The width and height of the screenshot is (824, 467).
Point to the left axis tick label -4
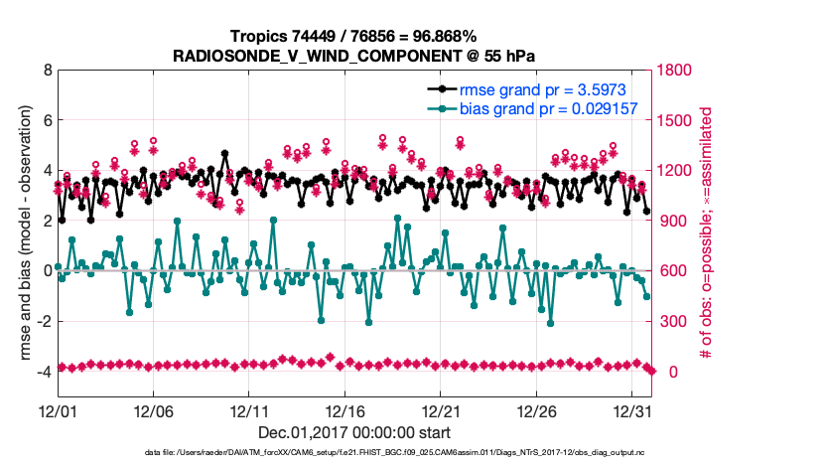pos(44,372)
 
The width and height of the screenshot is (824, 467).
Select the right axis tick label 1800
pos(678,71)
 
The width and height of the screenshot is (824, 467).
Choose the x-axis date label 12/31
pos(633,409)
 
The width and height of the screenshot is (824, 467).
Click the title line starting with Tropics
pos(355,35)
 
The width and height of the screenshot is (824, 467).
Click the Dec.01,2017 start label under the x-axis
pos(354,432)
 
